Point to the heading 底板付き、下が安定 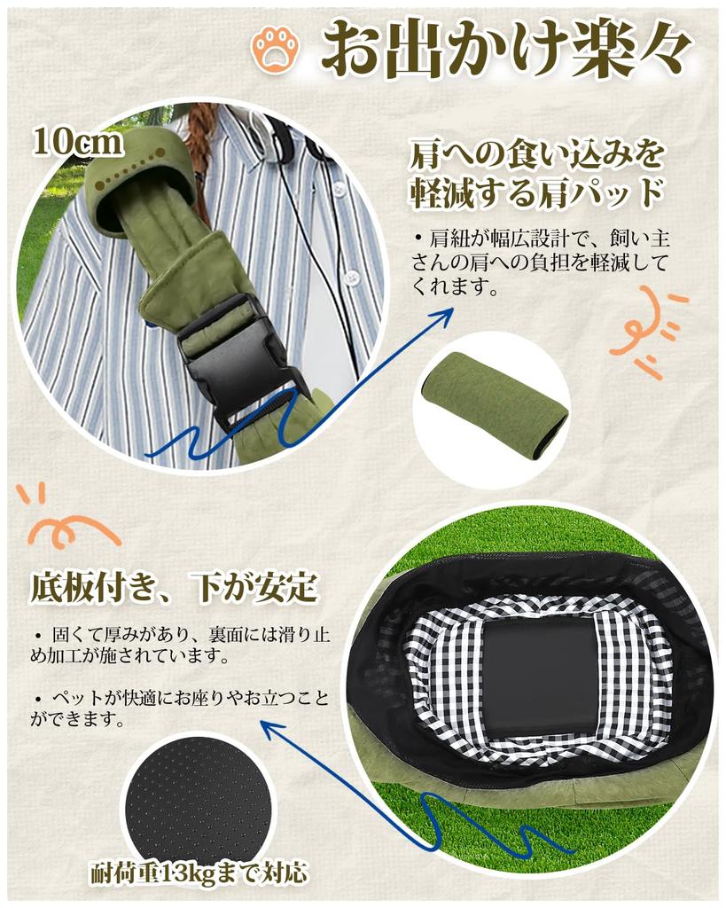coord(174,586)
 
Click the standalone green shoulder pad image coord(495,403)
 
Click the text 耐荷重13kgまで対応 coord(199,873)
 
